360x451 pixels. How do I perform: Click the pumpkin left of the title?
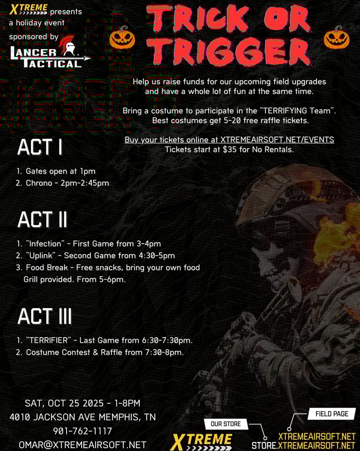point(122,38)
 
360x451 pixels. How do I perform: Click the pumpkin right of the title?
point(337,38)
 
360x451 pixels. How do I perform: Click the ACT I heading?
point(40,147)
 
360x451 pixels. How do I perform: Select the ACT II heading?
point(42,219)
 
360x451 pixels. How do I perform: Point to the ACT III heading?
point(45,316)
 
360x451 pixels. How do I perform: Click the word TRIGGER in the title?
point(229,51)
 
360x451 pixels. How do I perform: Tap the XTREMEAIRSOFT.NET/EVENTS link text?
point(277,140)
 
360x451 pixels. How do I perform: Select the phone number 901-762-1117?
point(82,431)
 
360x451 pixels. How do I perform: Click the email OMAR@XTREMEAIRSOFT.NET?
point(82,445)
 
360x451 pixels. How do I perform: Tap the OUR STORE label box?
point(226,424)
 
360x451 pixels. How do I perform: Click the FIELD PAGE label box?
point(332,413)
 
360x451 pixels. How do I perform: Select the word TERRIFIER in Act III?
point(49,340)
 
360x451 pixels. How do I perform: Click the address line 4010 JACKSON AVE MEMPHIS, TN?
point(82,417)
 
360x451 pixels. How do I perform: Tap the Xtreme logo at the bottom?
point(202,442)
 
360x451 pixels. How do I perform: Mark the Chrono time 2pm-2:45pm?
point(84,183)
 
